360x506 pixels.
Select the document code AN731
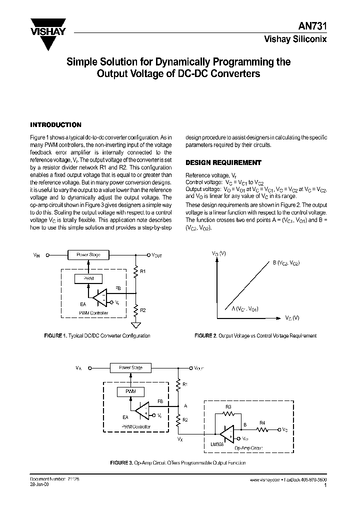(316, 29)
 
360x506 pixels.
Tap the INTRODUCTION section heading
(55, 124)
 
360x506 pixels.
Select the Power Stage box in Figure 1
(88, 254)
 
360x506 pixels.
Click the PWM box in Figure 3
(130, 391)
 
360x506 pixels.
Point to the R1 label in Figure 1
(142, 271)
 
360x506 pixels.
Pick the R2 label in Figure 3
(184, 419)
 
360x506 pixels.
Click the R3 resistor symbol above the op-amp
(228, 414)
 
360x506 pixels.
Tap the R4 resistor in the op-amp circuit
(262, 429)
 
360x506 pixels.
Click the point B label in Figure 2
(285, 262)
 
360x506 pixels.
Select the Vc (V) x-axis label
(292, 317)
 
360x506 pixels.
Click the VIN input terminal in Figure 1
(47, 255)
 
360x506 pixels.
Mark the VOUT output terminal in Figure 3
(190, 368)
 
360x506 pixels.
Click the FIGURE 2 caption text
(255, 336)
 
